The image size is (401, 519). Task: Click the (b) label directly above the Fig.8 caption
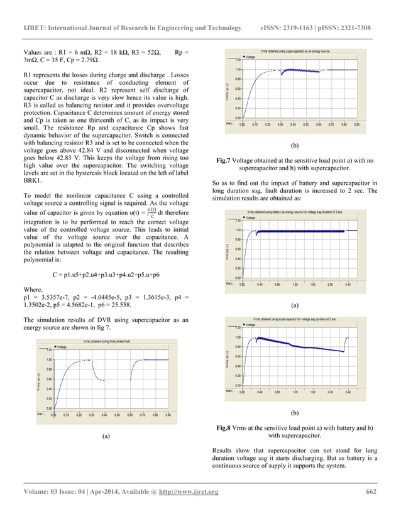(295, 415)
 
